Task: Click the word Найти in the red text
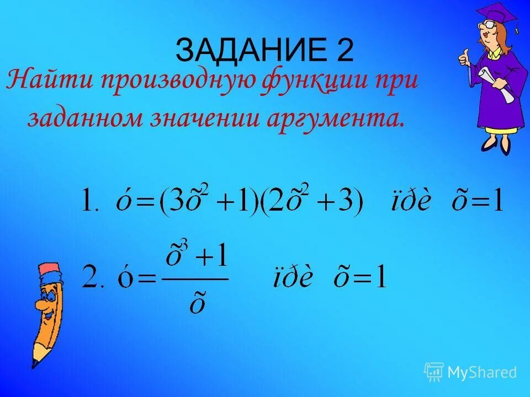50,82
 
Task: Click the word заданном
83,118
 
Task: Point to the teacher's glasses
490,24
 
